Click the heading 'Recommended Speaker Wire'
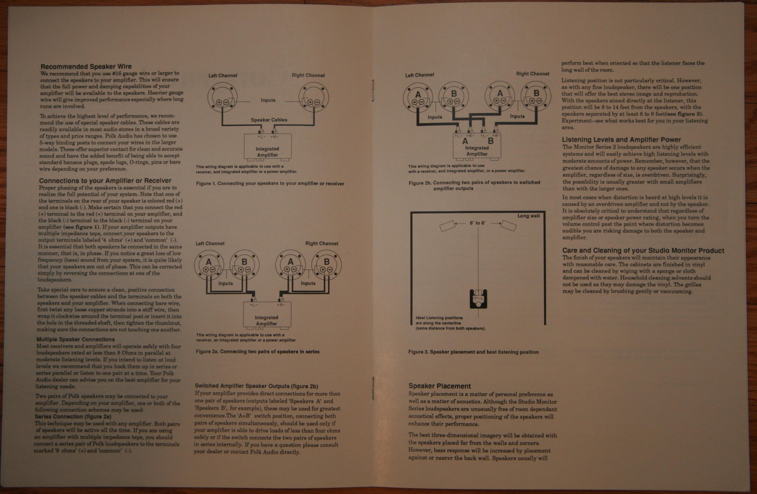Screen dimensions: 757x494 coord(86,66)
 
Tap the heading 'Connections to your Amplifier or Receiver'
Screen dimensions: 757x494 coord(105,181)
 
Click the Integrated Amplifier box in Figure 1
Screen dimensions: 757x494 coord(267,146)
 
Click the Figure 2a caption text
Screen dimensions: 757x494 coord(258,352)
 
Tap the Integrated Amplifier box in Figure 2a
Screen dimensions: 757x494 coord(267,315)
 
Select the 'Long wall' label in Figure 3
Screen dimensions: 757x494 coord(528,216)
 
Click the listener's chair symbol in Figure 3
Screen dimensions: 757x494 coord(478,299)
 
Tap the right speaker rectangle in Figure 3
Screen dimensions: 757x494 coord(508,226)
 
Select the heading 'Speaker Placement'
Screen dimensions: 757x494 coord(440,386)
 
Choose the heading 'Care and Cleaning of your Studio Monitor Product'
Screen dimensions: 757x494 coord(643,250)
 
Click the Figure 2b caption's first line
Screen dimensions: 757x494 coord(474,182)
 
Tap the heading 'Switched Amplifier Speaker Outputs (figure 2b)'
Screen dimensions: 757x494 coord(256,386)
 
